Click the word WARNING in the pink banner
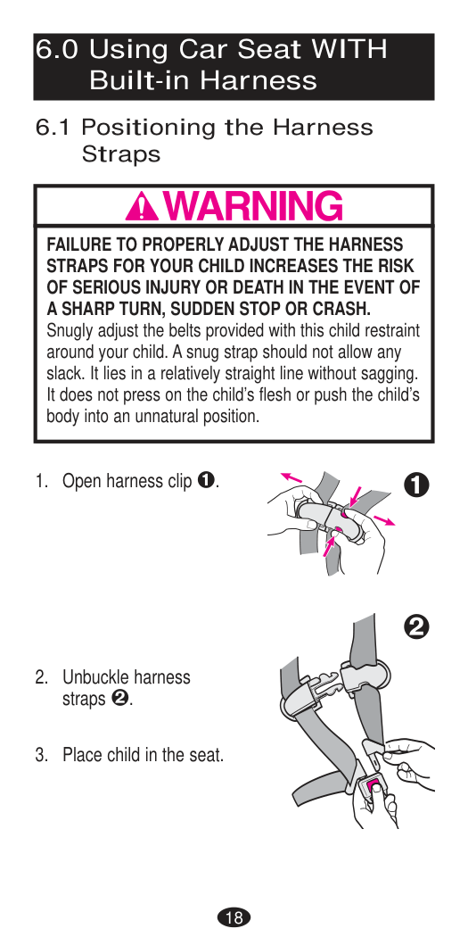pos(253,206)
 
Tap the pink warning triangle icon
pos(142,207)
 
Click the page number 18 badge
pos(234,917)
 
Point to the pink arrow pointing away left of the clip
pos(291,477)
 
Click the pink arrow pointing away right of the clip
pos(386,519)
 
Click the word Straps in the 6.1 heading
pos(121,154)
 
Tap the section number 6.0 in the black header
pos(57,50)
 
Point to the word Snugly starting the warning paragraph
pos(67,331)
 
